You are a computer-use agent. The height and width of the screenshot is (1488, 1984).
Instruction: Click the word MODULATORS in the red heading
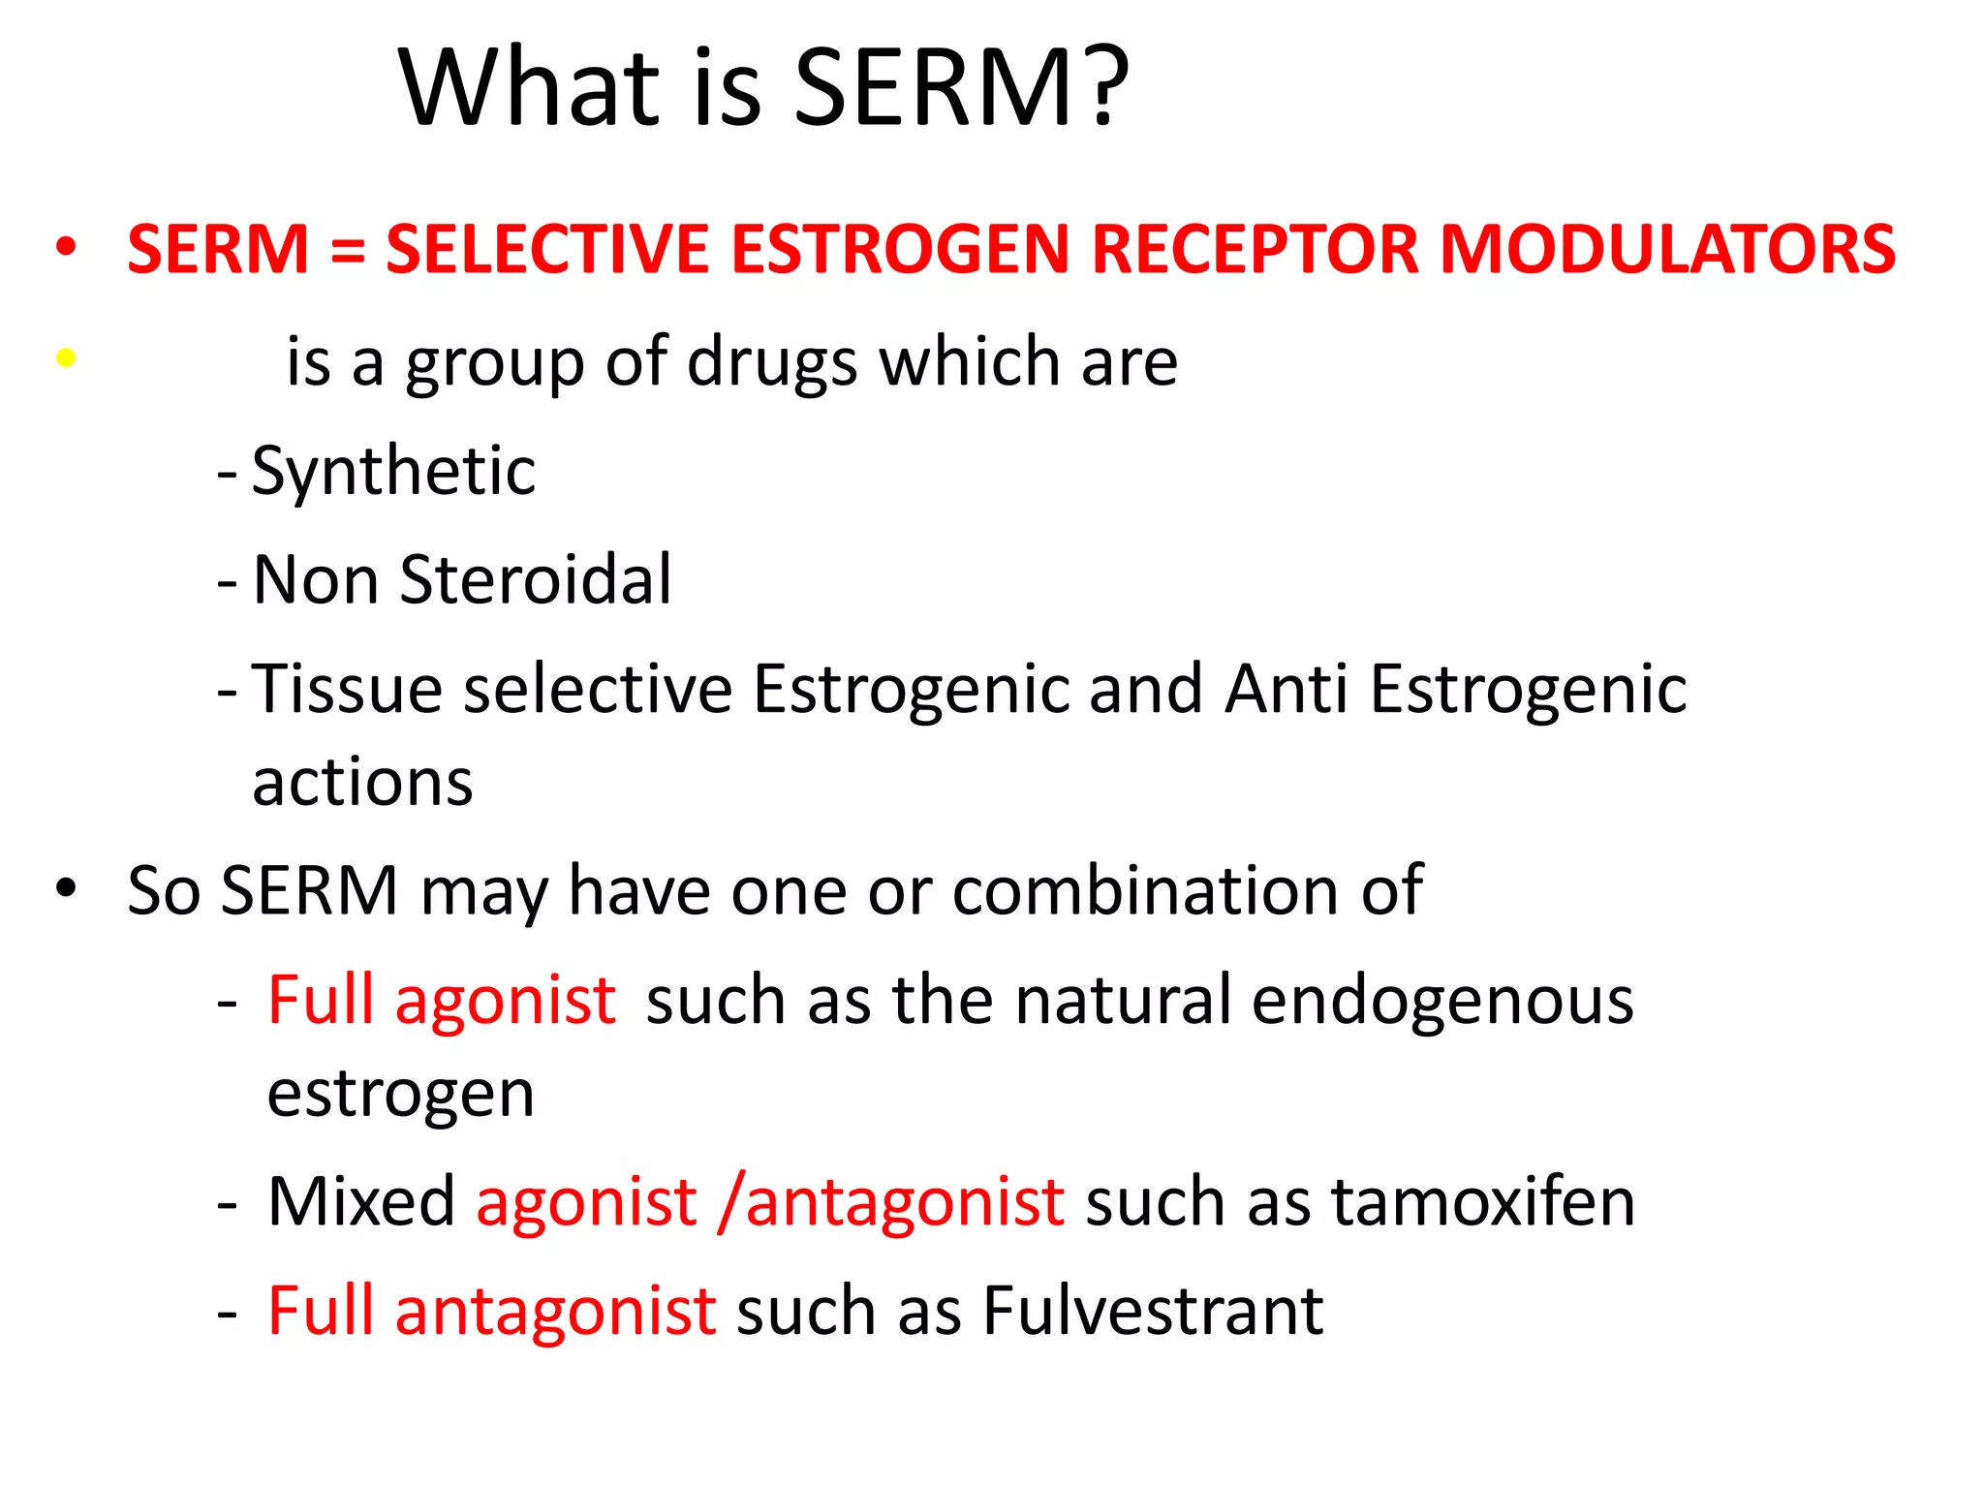(1667, 250)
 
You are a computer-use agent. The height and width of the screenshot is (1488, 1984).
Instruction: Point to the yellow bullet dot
(66, 358)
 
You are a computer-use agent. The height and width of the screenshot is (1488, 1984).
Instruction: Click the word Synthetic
(393, 472)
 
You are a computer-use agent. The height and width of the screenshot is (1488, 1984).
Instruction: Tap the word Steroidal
(535, 580)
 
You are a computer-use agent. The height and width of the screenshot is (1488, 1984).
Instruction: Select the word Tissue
(347, 689)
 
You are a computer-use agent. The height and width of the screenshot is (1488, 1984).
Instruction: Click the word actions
(362, 783)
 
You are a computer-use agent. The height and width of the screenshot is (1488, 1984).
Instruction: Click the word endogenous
(1442, 1002)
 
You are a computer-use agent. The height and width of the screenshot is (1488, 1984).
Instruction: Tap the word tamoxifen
(1483, 1202)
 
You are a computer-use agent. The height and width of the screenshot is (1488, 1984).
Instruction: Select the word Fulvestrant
(1153, 1312)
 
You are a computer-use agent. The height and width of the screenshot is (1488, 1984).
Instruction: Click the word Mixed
(361, 1202)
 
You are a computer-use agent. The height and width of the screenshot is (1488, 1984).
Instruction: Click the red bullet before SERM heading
(66, 247)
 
